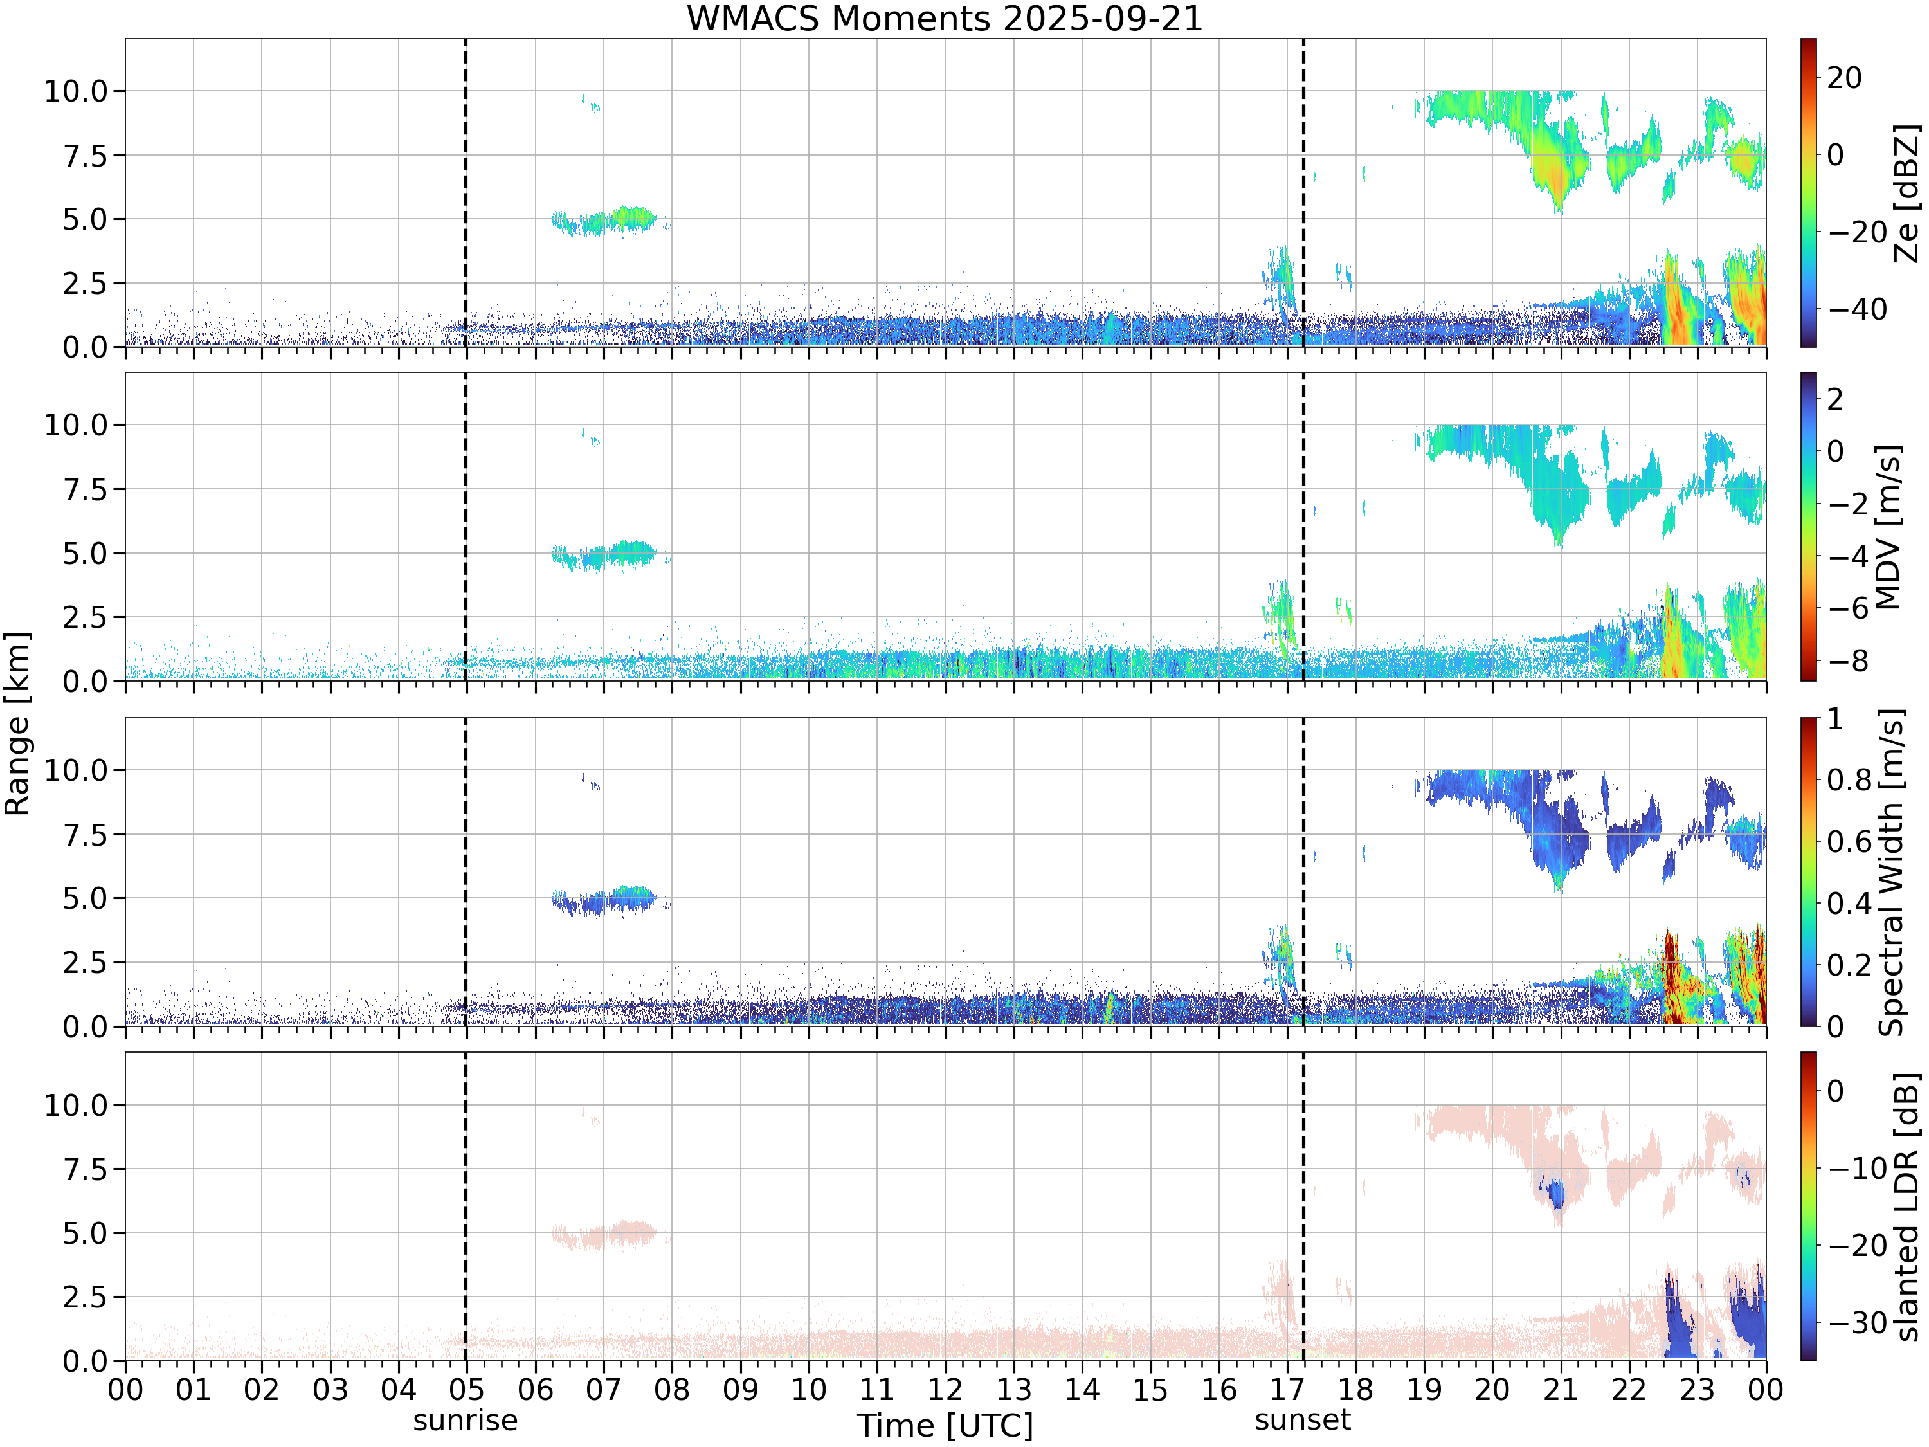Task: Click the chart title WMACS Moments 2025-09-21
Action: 945,18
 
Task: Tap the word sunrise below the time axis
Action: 465,1421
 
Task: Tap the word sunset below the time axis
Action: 1302,1420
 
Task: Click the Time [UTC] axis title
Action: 945,1425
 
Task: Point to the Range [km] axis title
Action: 17,723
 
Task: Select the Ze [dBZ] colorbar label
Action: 1907,193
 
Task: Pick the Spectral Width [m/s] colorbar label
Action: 1890,872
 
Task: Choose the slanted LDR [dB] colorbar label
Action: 1907,1206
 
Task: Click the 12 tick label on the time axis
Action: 945,1389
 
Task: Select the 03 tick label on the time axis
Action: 330,1389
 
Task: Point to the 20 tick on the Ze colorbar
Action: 1844,78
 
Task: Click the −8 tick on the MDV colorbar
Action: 1847,661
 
